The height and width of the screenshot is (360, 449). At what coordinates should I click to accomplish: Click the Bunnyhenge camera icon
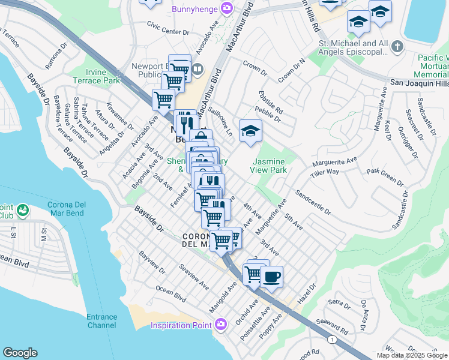[227, 8]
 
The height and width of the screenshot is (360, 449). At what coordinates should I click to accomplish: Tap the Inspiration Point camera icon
[220, 325]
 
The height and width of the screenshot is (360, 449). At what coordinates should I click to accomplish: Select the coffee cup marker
[271, 277]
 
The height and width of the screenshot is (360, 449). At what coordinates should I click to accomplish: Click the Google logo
[20, 353]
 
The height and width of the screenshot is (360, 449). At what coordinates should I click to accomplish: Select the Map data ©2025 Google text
[411, 355]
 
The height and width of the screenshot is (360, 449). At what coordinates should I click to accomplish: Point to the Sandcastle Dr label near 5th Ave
[312, 203]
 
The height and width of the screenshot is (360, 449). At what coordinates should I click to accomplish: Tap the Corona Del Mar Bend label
[66, 209]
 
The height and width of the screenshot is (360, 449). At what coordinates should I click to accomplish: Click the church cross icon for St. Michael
[397, 46]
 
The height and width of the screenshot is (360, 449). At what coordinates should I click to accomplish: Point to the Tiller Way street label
[325, 173]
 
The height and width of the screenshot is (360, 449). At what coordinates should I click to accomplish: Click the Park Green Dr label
[385, 175]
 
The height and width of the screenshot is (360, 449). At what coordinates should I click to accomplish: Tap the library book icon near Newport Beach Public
[197, 69]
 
